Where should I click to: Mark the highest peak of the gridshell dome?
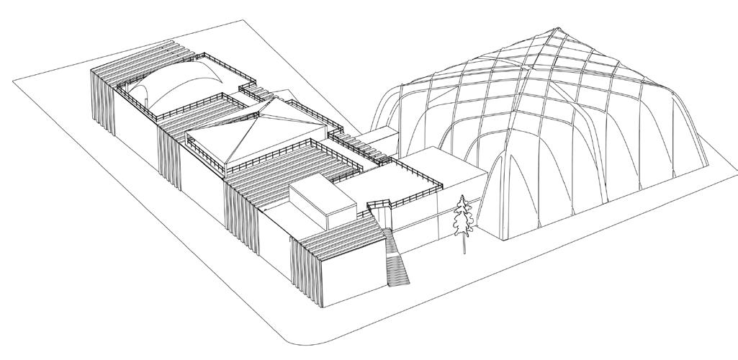(554, 30)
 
